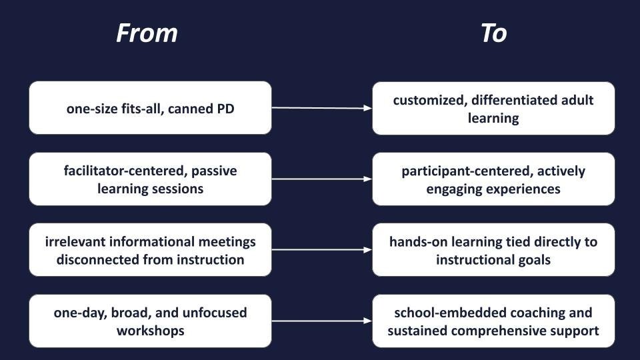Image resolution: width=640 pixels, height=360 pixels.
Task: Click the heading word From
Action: [x=147, y=33]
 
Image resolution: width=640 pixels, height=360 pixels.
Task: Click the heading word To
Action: [x=493, y=33]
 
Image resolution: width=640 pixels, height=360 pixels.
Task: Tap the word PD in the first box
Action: [x=225, y=108]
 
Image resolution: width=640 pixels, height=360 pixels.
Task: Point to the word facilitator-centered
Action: [x=125, y=171]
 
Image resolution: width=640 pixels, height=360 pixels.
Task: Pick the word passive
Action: [x=214, y=171]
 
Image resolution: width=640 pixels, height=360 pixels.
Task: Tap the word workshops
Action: [x=150, y=331]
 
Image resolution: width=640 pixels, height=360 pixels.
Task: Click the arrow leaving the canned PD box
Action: [x=321, y=107]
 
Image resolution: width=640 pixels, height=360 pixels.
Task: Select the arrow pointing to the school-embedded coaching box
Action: [x=321, y=321]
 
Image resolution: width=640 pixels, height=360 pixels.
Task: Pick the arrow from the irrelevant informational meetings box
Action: [x=321, y=250]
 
